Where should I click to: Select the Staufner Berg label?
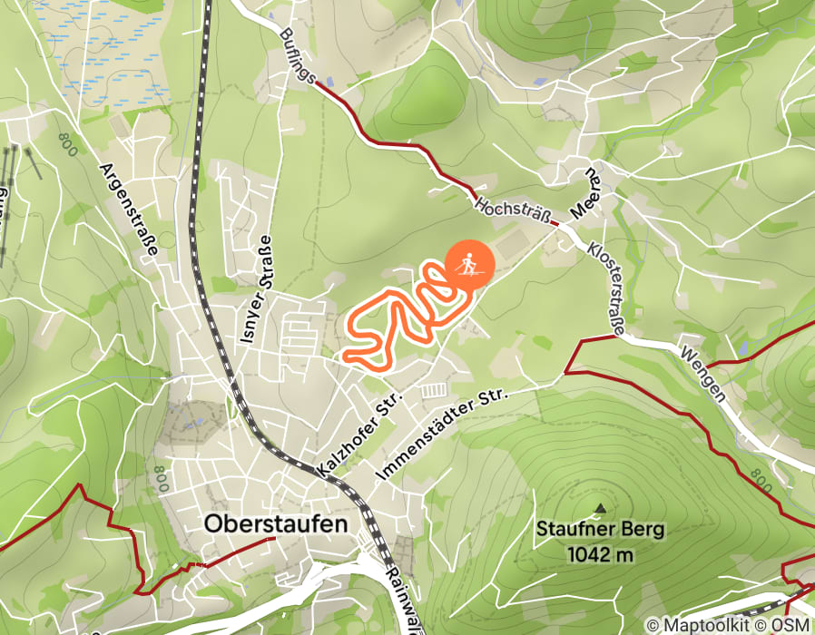click(600, 528)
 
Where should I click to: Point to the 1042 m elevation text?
click(599, 553)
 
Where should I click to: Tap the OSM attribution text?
click(789, 625)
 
